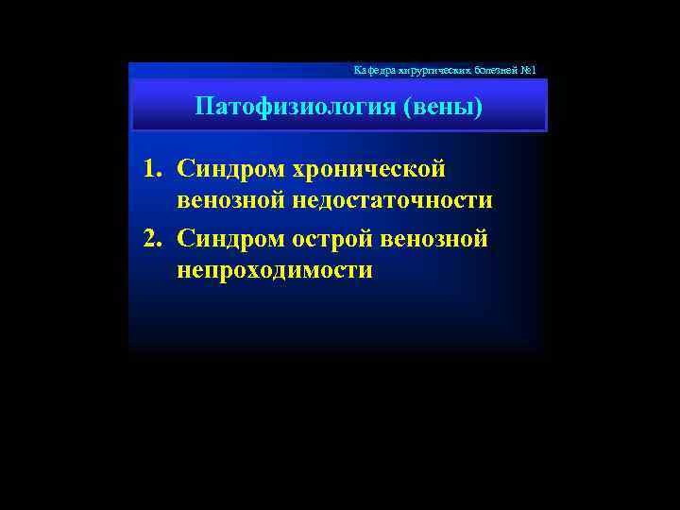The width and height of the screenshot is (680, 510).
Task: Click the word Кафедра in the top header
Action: tap(370, 71)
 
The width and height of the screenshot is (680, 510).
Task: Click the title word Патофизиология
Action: tap(295, 106)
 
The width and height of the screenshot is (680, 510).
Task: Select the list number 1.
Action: tap(149, 170)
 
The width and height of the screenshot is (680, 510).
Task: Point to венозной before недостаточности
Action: tap(230, 201)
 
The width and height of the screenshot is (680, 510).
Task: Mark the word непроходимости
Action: tap(274, 271)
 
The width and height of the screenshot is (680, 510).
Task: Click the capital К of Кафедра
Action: tap(356, 71)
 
